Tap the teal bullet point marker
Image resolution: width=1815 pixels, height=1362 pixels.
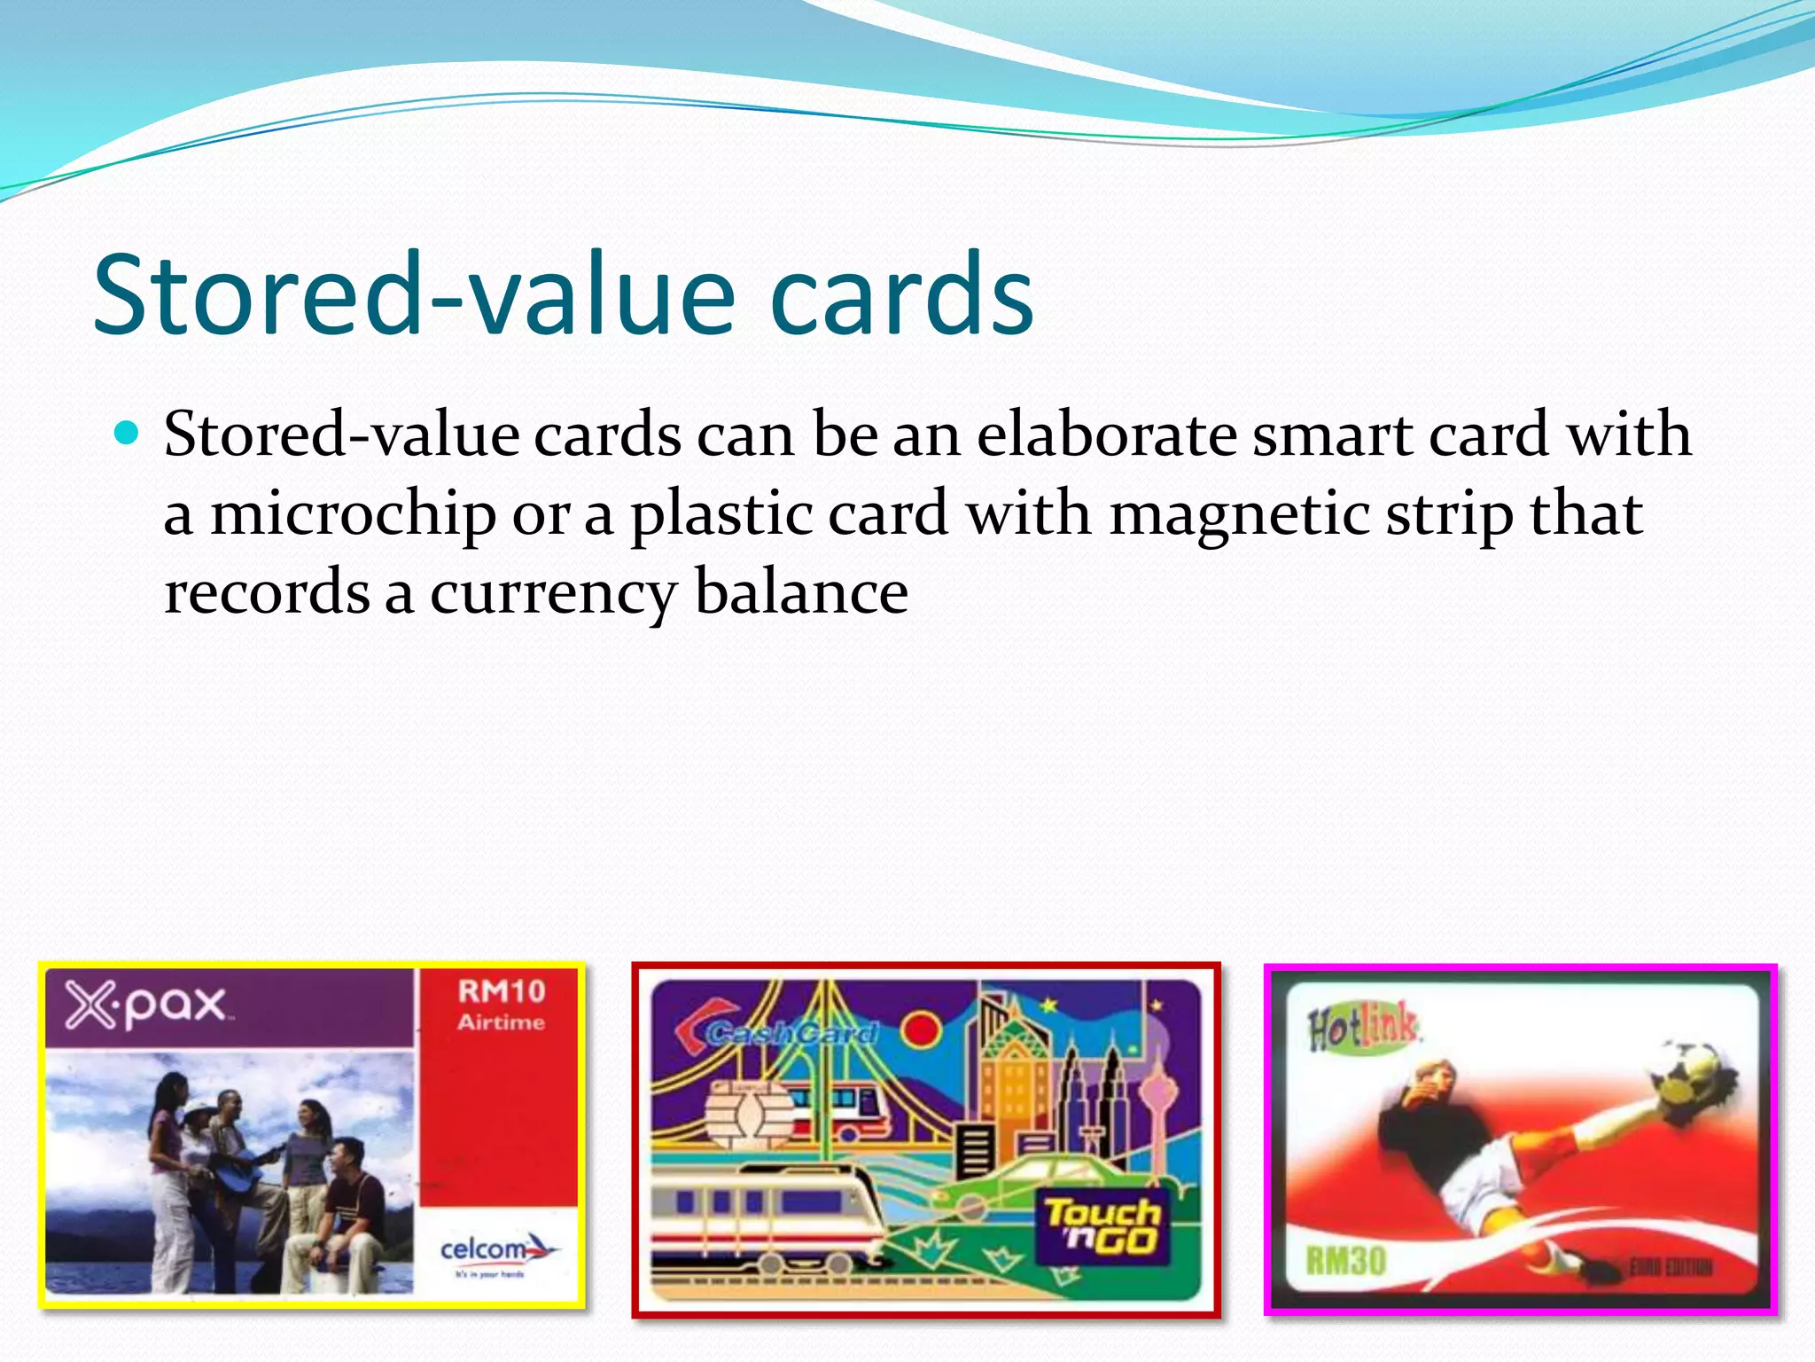pyautogui.click(x=128, y=434)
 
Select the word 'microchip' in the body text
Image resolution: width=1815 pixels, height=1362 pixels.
pyautogui.click(x=352, y=514)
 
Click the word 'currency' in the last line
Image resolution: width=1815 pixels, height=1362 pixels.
pyautogui.click(x=553, y=592)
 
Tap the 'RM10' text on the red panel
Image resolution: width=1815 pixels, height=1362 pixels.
pyautogui.click(x=501, y=991)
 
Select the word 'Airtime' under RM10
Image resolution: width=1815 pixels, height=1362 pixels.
pyautogui.click(x=501, y=1022)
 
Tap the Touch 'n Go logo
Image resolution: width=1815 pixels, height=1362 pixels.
pyautogui.click(x=1102, y=1225)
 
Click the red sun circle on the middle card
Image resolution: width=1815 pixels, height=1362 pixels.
pyautogui.click(x=922, y=1031)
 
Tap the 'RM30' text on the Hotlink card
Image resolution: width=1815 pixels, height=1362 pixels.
pyautogui.click(x=1345, y=1260)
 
